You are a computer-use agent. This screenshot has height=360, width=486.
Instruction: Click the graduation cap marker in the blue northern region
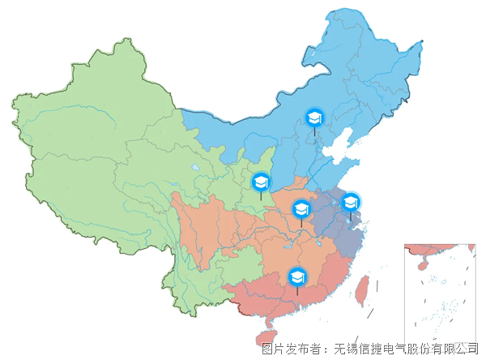pos(313,118)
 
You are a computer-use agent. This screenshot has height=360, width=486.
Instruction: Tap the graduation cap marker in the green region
pos(261,182)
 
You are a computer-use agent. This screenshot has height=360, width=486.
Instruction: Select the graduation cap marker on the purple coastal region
pos(350,202)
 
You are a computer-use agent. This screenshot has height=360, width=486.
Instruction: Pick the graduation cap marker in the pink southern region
pos(297,276)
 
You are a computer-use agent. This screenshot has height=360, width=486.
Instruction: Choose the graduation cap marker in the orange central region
pos(301,209)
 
